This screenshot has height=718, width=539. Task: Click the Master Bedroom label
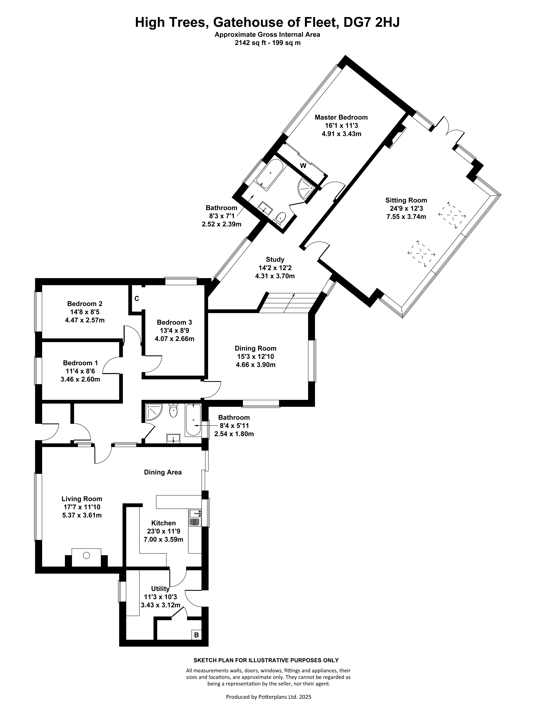[341, 117]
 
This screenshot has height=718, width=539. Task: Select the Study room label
[275, 259]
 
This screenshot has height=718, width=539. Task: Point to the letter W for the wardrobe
[303, 165]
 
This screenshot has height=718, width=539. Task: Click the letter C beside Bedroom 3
[137, 299]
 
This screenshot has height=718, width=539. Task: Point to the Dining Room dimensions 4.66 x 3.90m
[255, 365]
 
